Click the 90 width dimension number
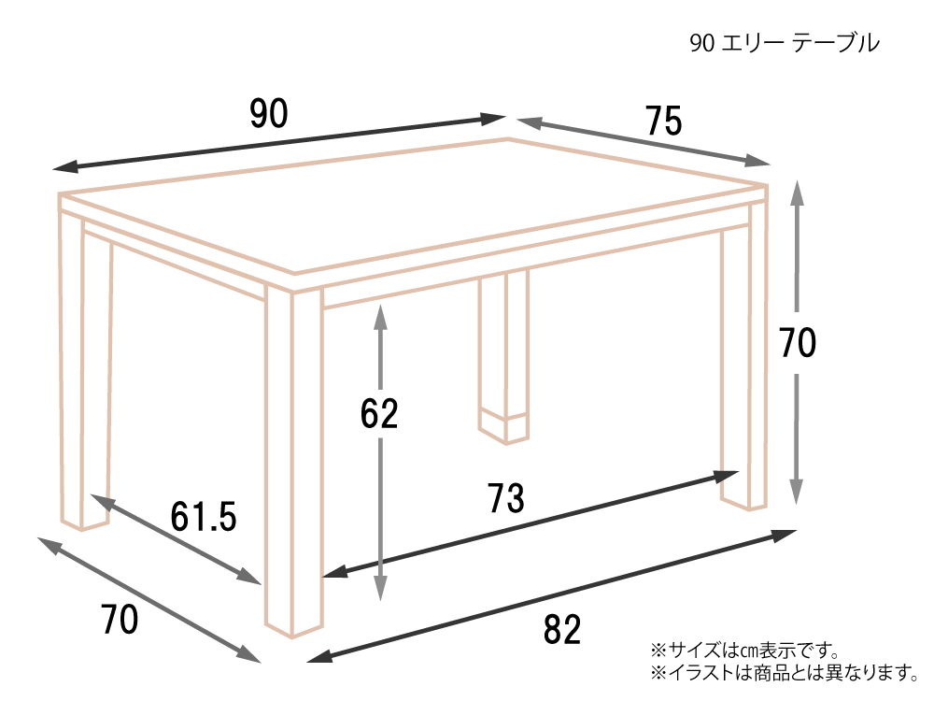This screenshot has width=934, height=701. click(x=269, y=114)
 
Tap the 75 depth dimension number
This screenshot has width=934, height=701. click(x=663, y=121)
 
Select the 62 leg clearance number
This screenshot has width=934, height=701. click(x=379, y=414)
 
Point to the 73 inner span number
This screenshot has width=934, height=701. click(x=506, y=498)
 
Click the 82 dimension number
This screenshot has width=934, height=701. click(x=561, y=629)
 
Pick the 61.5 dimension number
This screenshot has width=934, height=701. click(x=203, y=516)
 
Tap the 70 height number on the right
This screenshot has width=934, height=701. click(x=798, y=343)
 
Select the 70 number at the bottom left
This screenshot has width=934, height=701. click(x=120, y=620)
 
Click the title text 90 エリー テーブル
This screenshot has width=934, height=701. click(x=784, y=43)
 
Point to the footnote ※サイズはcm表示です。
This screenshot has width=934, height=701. click(x=745, y=650)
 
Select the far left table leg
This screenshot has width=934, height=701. click(x=85, y=369)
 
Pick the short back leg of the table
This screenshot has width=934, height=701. click(x=503, y=358)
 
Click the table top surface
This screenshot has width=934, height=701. click(x=411, y=206)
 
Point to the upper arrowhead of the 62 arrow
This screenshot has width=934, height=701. click(x=381, y=317)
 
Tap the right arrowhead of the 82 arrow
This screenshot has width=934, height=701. click(x=785, y=535)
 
